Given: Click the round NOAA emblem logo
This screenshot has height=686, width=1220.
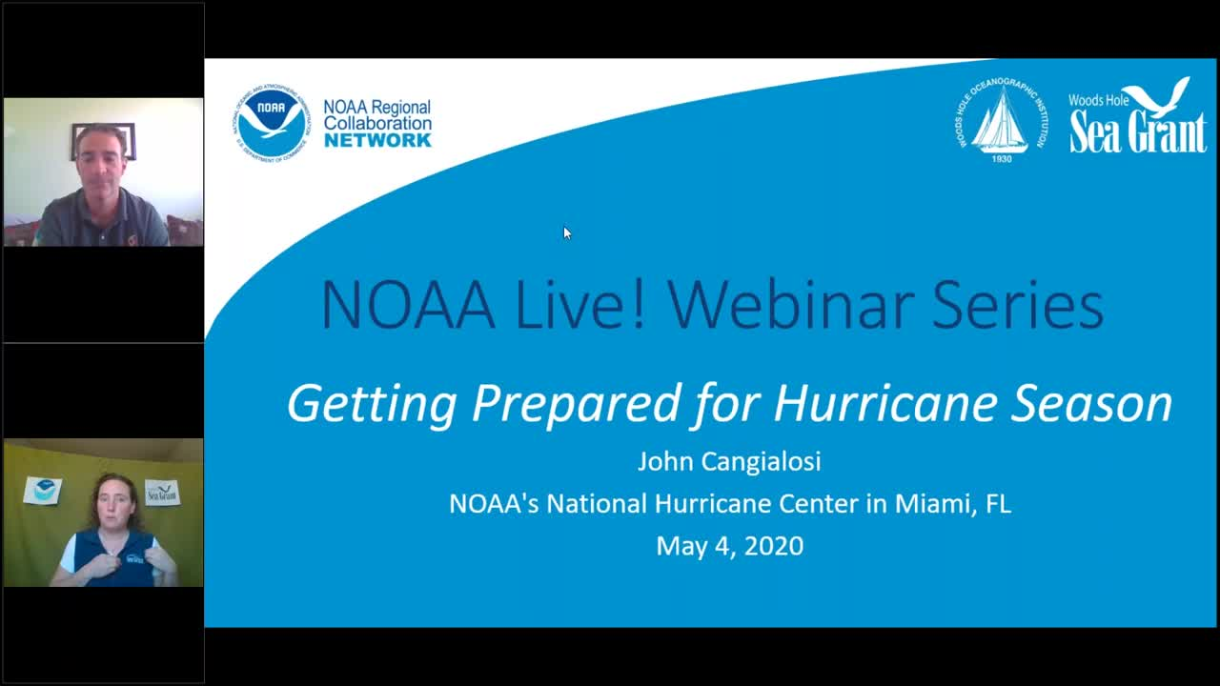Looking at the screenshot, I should [272, 123].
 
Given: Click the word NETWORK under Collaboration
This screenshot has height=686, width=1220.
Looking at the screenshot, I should [377, 140].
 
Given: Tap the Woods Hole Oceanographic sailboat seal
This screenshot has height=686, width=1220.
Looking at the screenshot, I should [1001, 119].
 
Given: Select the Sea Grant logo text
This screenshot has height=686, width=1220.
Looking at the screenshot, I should [1137, 131].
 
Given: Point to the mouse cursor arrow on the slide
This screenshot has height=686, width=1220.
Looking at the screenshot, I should [566, 232].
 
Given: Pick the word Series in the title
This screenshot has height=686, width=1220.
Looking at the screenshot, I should [1017, 305].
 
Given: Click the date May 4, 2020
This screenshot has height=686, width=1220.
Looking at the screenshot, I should [729, 546].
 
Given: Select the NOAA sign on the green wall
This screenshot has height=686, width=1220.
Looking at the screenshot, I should [43, 491].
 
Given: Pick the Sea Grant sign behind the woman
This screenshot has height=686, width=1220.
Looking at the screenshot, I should [162, 493].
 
